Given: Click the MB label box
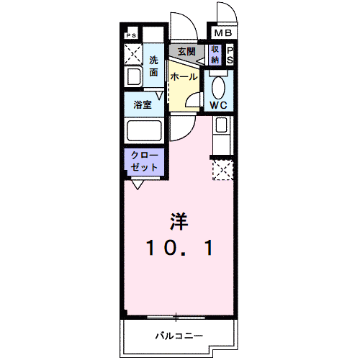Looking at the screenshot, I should point(223,33).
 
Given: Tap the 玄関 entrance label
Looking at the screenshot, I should point(186,51).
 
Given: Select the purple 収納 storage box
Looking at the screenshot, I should point(215,55).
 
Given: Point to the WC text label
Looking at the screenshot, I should point(219,105).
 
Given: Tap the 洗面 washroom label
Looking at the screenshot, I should point(154,66).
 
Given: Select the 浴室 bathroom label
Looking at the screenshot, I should point(143,105).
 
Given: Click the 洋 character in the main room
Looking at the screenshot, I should point(180,221).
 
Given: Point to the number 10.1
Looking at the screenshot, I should point(179,248).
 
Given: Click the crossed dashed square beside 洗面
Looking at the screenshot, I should point(133,54).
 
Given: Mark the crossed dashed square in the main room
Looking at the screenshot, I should point(222,169).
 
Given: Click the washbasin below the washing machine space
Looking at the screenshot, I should point(134,78).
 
